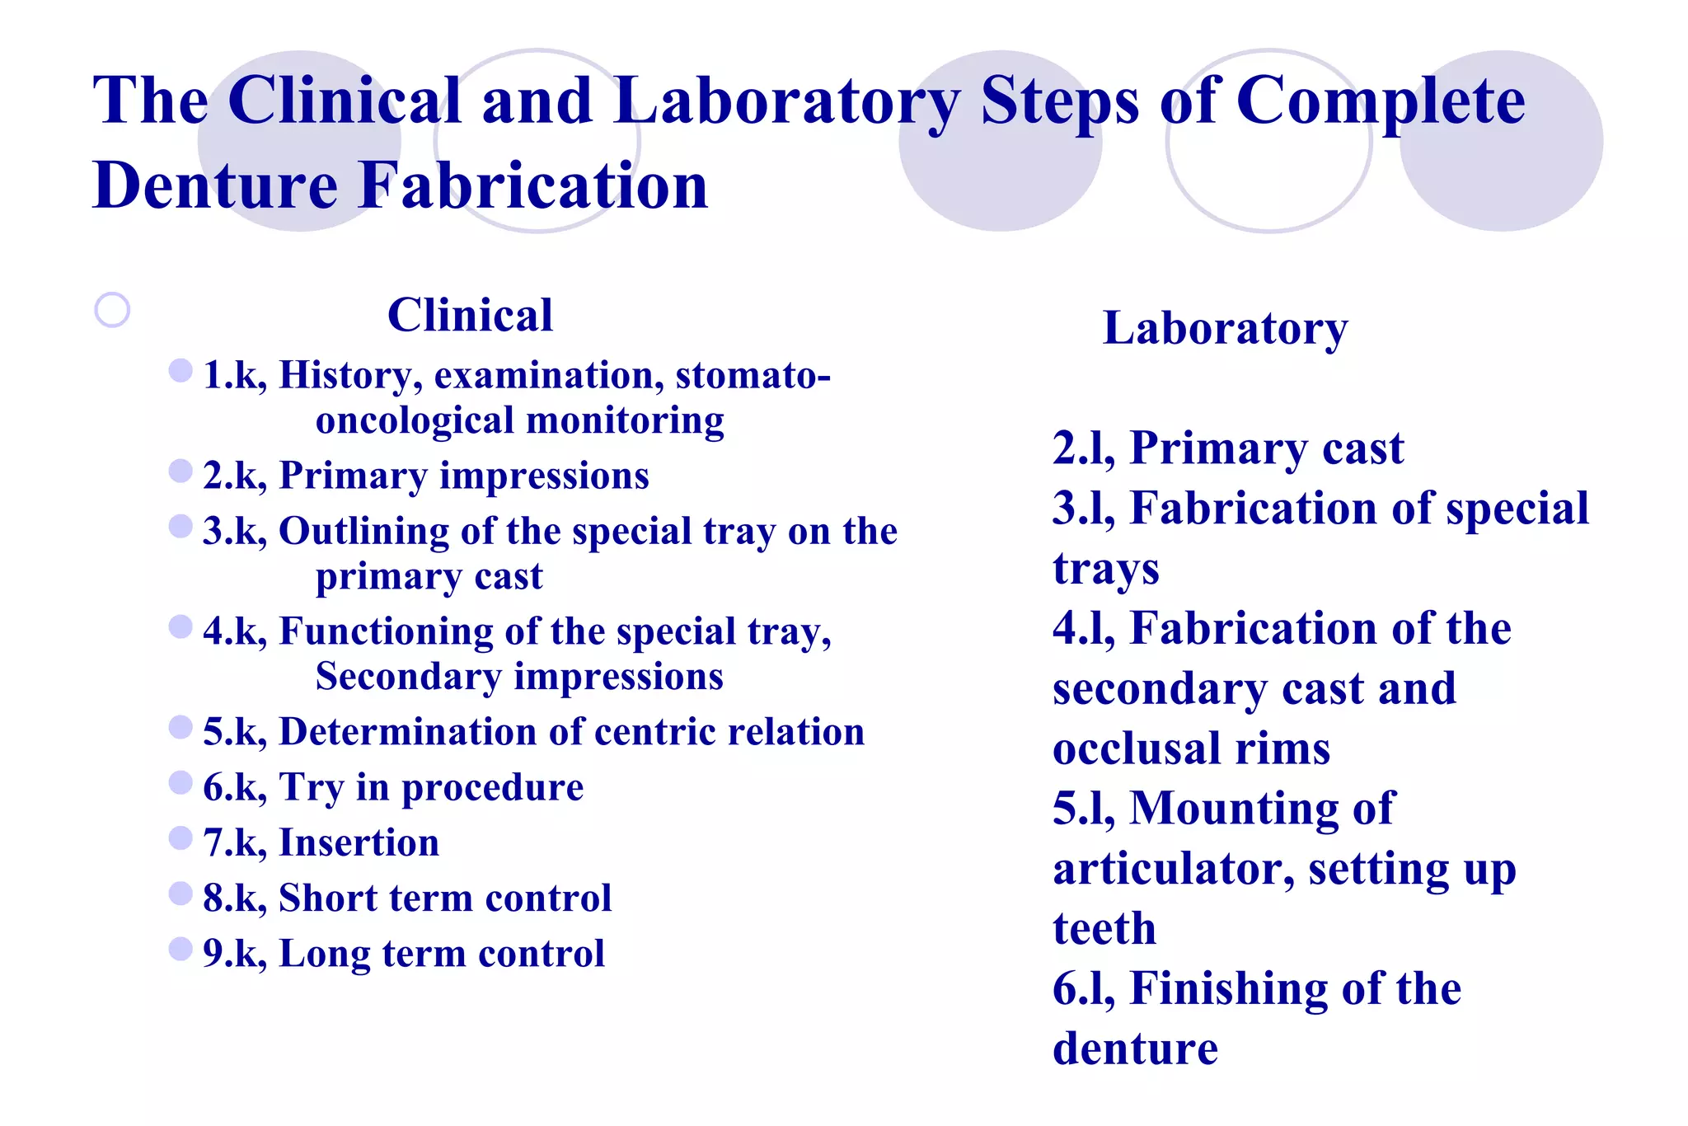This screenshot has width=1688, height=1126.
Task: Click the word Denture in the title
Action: (x=216, y=185)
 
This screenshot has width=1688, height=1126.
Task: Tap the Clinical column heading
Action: (x=470, y=315)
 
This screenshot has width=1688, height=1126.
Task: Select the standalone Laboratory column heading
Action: (x=1225, y=328)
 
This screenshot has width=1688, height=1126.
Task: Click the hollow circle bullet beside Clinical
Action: (x=112, y=311)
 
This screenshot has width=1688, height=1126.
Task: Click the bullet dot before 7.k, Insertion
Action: (x=180, y=838)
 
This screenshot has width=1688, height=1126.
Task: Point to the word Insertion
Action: (x=359, y=842)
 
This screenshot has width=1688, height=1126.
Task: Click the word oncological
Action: (x=415, y=420)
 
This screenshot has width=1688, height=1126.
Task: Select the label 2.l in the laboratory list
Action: (x=1082, y=448)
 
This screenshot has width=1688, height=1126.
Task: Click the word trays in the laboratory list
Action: (x=1105, y=569)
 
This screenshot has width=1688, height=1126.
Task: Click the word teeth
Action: (x=1104, y=929)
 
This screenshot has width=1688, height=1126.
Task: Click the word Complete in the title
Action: (x=1381, y=101)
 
